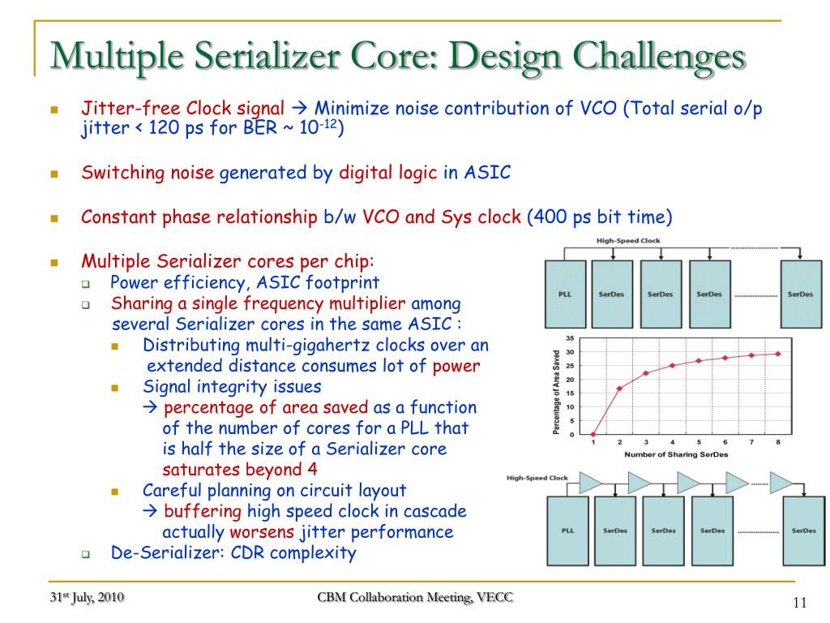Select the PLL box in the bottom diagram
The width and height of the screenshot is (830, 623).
tap(567, 531)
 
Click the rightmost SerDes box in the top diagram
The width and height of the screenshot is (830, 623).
tap(800, 294)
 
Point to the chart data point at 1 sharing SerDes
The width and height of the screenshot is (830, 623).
tap(593, 435)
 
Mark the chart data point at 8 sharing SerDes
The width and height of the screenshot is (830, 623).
tap(778, 354)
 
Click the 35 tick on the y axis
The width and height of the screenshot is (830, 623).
tap(570, 338)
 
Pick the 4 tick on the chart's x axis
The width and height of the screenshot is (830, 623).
tap(672, 442)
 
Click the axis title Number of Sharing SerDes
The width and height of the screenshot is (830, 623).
tap(676, 455)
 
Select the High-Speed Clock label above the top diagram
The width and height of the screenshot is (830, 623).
tap(628, 241)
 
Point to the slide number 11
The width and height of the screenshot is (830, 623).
tap(801, 602)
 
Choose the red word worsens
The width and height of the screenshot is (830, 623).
tap(263, 532)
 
